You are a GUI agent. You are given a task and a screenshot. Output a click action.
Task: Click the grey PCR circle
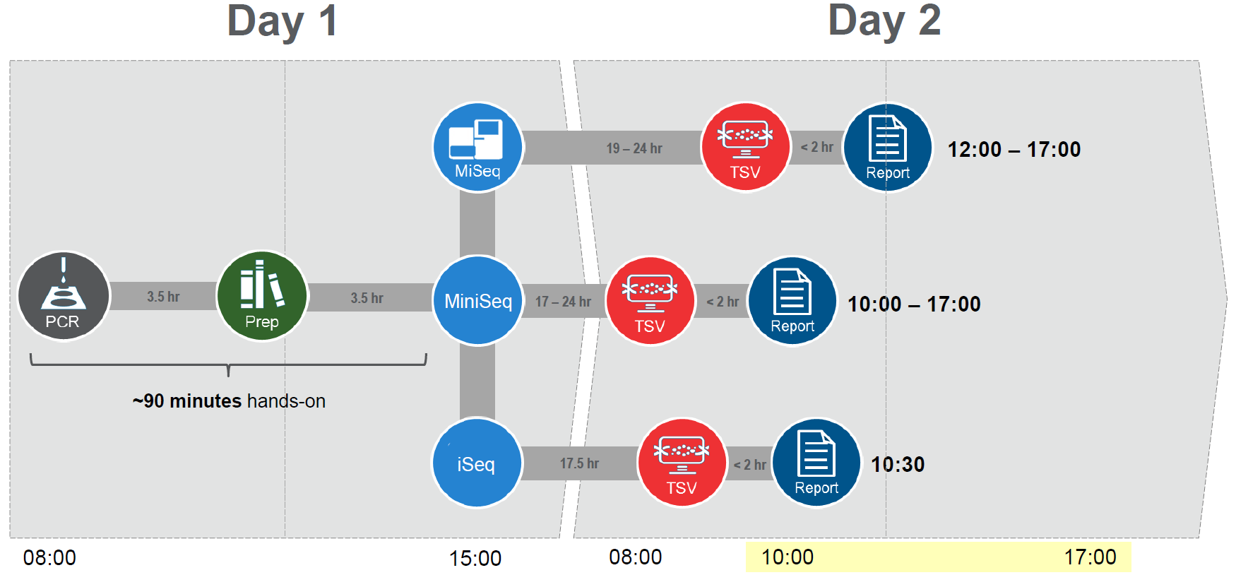64,296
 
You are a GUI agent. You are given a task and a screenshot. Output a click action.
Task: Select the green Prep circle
262,296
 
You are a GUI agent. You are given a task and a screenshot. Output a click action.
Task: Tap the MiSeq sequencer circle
478,148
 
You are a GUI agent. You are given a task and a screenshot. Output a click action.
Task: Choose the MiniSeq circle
478,301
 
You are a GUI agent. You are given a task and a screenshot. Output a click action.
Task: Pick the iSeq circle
477,463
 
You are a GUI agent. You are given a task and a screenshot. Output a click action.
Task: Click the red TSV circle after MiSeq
745,148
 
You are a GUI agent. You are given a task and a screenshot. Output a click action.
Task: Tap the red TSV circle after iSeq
682,463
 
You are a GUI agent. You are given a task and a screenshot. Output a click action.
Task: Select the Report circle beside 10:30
816,463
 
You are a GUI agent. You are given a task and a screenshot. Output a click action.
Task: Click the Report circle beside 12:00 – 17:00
888,148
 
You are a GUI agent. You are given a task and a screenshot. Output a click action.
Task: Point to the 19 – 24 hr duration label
634,148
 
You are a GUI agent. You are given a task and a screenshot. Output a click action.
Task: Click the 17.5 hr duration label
579,463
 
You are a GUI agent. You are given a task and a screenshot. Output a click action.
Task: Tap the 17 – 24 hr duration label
563,302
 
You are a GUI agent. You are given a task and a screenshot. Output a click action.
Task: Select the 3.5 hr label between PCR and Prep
163,297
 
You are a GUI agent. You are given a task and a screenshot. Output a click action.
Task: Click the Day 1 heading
282,21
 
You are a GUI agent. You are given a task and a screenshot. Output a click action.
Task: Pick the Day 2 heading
884,20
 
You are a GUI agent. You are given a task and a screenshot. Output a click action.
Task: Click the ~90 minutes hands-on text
229,401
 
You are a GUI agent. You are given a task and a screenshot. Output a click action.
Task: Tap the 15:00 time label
475,558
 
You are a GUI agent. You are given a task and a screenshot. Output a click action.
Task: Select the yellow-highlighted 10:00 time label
788,557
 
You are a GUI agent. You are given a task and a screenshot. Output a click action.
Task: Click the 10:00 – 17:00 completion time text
914,304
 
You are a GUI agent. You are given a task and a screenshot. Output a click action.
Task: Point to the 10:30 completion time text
898,464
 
